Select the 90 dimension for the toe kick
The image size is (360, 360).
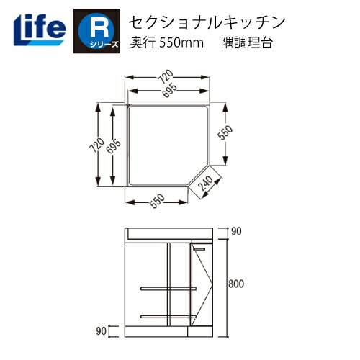point(102,330)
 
